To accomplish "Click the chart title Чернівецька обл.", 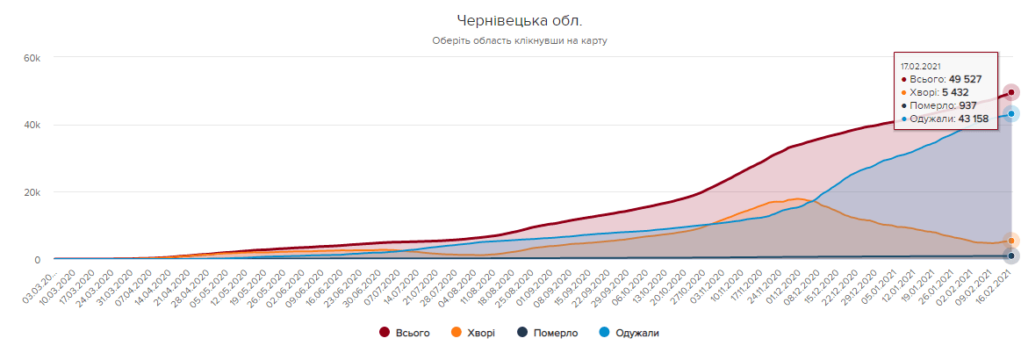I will (519, 20).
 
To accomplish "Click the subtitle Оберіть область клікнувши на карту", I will (519, 40).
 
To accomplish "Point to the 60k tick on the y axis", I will (32, 58).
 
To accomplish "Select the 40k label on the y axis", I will (32, 126).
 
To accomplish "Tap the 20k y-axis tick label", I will (32, 192).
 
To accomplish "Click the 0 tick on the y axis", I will (37, 260).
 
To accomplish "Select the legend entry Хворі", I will (473, 333).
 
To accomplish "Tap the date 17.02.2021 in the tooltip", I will (921, 65).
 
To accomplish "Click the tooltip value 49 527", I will (960, 78).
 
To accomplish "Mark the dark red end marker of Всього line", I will (1011, 92).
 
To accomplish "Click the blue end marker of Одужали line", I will (1011, 114).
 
